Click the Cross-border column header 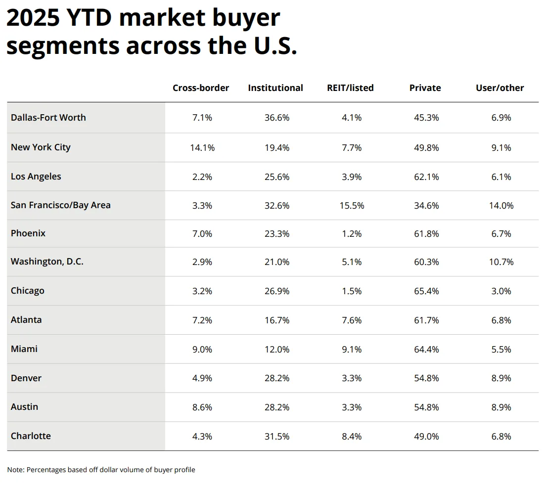[201, 88]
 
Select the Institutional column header [275, 88]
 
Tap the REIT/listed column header [350, 88]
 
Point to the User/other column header [500, 88]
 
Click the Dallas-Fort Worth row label [48, 118]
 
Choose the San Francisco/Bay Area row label [61, 205]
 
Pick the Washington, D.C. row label [47, 262]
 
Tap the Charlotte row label [31, 436]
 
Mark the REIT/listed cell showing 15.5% [352, 206]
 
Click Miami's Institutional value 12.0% [276, 349]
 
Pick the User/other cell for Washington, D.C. [501, 262]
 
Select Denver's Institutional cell [276, 378]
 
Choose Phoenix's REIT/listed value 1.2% [352, 234]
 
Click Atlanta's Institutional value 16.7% [276, 320]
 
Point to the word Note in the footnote [15, 470]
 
